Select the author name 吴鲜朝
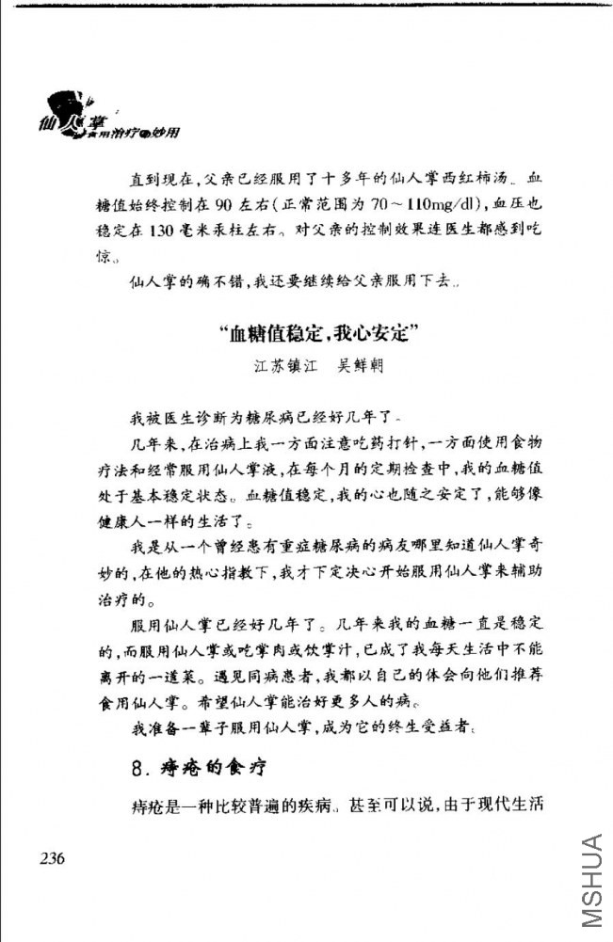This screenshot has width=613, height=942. [354, 365]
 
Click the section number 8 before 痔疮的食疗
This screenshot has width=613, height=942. [137, 765]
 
